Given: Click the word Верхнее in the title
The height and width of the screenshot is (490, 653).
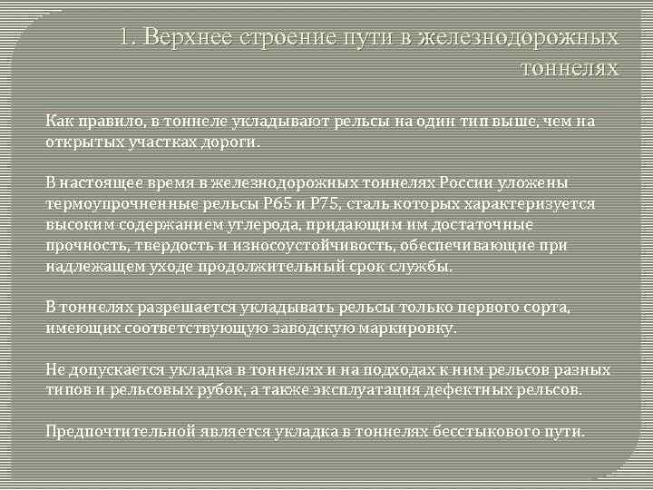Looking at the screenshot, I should tap(189, 38).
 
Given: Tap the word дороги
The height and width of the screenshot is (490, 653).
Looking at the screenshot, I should tap(238, 142).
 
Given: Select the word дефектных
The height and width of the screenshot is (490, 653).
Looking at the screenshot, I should tap(486, 390).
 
